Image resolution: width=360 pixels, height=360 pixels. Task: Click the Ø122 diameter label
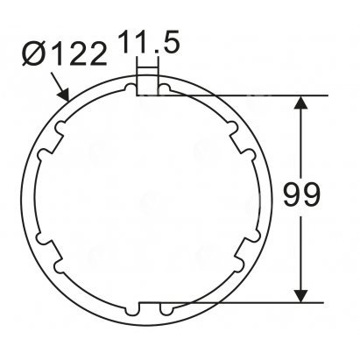pos(64,54)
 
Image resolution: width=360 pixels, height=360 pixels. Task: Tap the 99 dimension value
pos(301,194)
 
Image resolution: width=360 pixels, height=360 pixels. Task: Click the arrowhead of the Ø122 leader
pos(64,95)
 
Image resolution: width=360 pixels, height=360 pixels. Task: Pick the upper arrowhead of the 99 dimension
pos(301,102)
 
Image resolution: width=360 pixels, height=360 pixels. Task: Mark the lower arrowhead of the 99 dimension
pos(301,296)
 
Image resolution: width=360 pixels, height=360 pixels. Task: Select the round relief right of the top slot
pos(164,88)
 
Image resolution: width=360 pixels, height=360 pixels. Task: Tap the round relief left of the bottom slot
pos(131,310)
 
